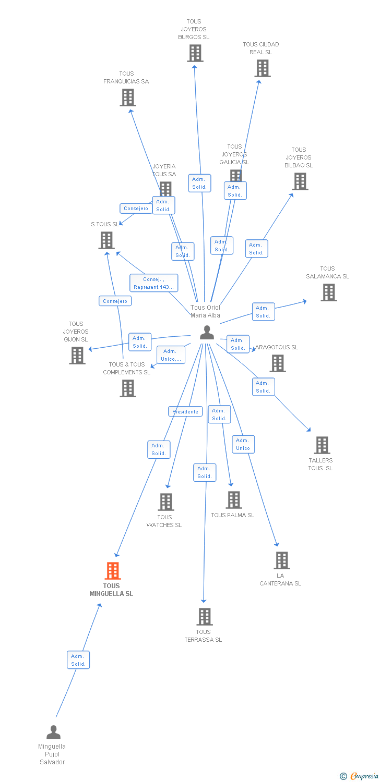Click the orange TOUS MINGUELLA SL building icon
click(x=112, y=571)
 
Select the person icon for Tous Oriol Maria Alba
click(x=207, y=333)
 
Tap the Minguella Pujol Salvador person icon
click(x=53, y=732)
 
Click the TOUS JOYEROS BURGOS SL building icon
click(x=195, y=53)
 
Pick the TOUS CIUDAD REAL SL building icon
click(x=262, y=68)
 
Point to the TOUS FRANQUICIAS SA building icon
click(x=128, y=97)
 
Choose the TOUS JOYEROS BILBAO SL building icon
click(x=300, y=181)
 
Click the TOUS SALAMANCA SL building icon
click(x=329, y=292)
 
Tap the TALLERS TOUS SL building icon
click(x=322, y=445)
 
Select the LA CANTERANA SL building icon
click(x=282, y=560)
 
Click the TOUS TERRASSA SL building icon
click(x=204, y=617)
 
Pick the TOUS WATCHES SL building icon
click(x=166, y=502)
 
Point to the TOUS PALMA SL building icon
click(x=233, y=500)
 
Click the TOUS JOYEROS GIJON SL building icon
click(x=77, y=356)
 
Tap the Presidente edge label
click(x=185, y=411)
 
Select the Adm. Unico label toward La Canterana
click(x=243, y=444)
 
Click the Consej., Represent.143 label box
click(x=153, y=283)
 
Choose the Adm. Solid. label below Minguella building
click(x=78, y=660)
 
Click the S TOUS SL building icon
click(x=106, y=240)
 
